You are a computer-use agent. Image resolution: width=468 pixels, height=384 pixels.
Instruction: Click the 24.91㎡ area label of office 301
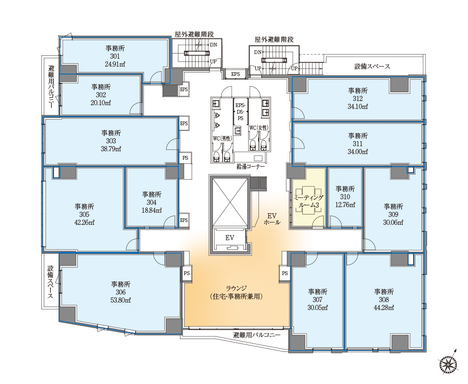115,64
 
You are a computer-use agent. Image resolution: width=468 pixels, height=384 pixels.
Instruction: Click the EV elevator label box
230,238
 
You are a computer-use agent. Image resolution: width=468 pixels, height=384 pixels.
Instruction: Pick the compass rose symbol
448,364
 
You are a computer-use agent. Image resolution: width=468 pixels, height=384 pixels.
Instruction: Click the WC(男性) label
222,138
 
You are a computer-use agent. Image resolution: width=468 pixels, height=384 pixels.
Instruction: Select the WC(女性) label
259,128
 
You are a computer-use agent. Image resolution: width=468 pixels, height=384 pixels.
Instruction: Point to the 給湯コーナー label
251,167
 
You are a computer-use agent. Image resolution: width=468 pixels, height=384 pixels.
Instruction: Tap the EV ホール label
271,219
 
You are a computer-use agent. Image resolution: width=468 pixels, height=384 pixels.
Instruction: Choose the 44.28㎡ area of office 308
384,308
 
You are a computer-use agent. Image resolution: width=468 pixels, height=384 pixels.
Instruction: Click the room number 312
358,99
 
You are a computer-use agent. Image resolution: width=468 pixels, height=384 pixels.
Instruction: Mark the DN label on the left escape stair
213,45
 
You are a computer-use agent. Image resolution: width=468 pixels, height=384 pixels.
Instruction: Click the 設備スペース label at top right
372,66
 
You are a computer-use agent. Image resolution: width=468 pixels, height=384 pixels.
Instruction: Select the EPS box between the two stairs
236,74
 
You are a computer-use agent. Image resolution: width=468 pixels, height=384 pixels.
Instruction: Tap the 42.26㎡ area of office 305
84,222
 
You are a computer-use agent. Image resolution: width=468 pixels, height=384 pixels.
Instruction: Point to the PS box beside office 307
285,273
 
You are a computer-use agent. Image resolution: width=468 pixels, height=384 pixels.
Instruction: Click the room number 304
152,202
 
